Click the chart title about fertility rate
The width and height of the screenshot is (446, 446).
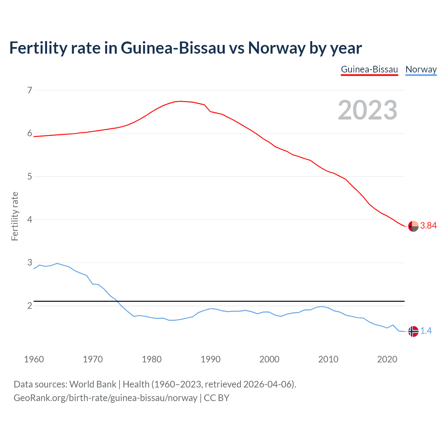tap(185, 48)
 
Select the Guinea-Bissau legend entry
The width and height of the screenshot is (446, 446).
tap(369, 70)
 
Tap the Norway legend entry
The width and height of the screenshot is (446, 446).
tap(421, 70)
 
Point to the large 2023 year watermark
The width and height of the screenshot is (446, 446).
tap(367, 110)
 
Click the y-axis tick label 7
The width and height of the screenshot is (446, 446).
tap(30, 91)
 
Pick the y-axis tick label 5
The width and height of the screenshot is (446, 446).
tap(30, 177)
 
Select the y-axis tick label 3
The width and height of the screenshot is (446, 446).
tap(30, 263)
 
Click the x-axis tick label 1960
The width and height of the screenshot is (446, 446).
tap(34, 359)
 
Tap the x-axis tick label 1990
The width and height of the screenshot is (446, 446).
tap(210, 359)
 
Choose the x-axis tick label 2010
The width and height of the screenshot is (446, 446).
tap(328, 359)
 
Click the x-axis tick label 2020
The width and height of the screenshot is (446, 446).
tap(387, 359)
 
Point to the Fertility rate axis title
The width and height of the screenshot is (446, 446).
tap(15, 216)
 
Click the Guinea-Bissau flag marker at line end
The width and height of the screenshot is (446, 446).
tap(413, 226)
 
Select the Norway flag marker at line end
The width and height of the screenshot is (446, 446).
tap(413, 331)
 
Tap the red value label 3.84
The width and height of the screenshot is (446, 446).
tap(428, 226)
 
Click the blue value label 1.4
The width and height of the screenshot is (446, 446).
tap(426, 331)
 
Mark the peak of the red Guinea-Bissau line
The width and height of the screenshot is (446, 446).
tap(181, 101)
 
